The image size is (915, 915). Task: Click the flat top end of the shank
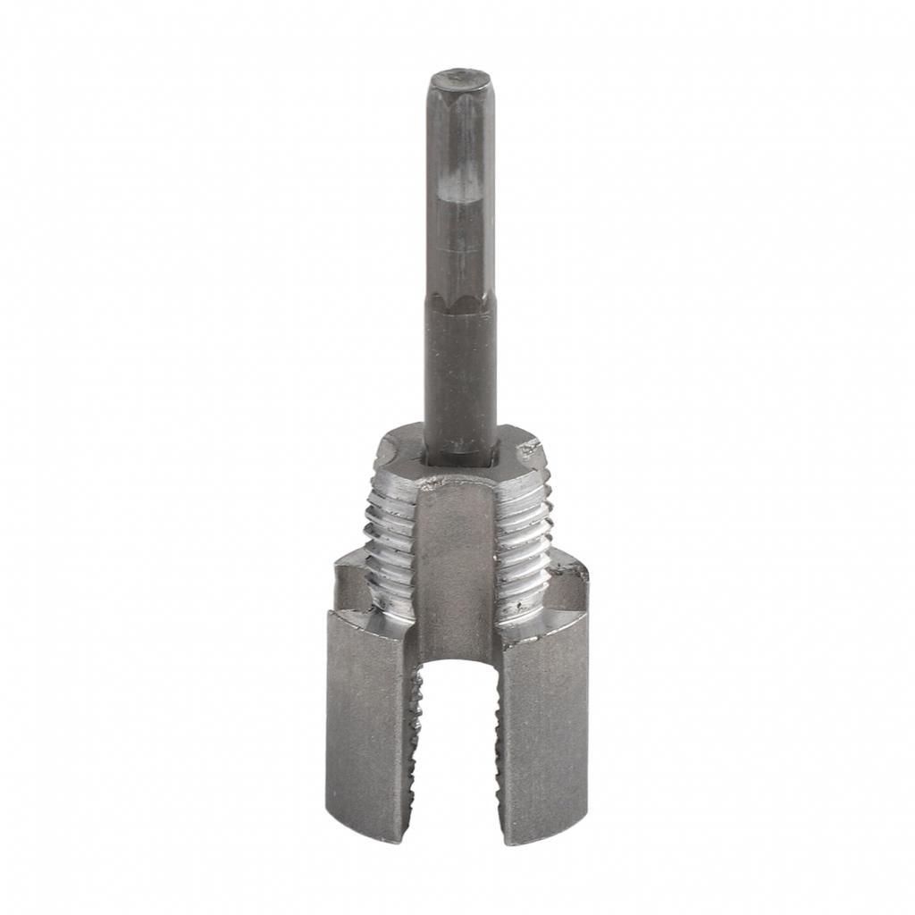click(x=460, y=82)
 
